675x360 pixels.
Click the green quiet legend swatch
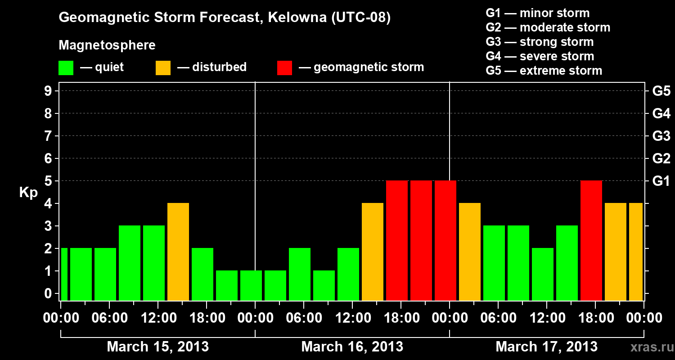pos(66,68)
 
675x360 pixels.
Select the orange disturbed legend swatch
pos(163,68)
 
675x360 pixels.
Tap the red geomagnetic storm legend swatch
pos(284,68)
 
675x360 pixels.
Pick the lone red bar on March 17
pos(591,240)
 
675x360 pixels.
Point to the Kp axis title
pos(28,193)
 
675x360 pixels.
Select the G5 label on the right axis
pos(661,91)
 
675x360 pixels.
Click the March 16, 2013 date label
pos(352,347)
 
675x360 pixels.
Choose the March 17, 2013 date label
pos(546,347)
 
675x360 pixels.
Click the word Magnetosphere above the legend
pos(107,45)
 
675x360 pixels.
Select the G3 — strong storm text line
pos(540,42)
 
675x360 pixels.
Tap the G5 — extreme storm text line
pos(544,71)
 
